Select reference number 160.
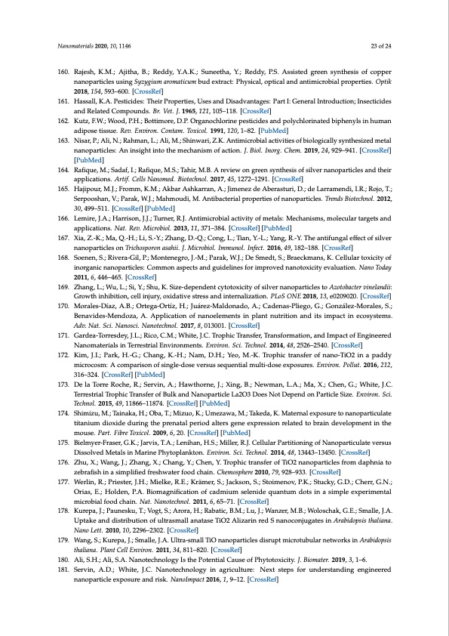pos(63,73)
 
